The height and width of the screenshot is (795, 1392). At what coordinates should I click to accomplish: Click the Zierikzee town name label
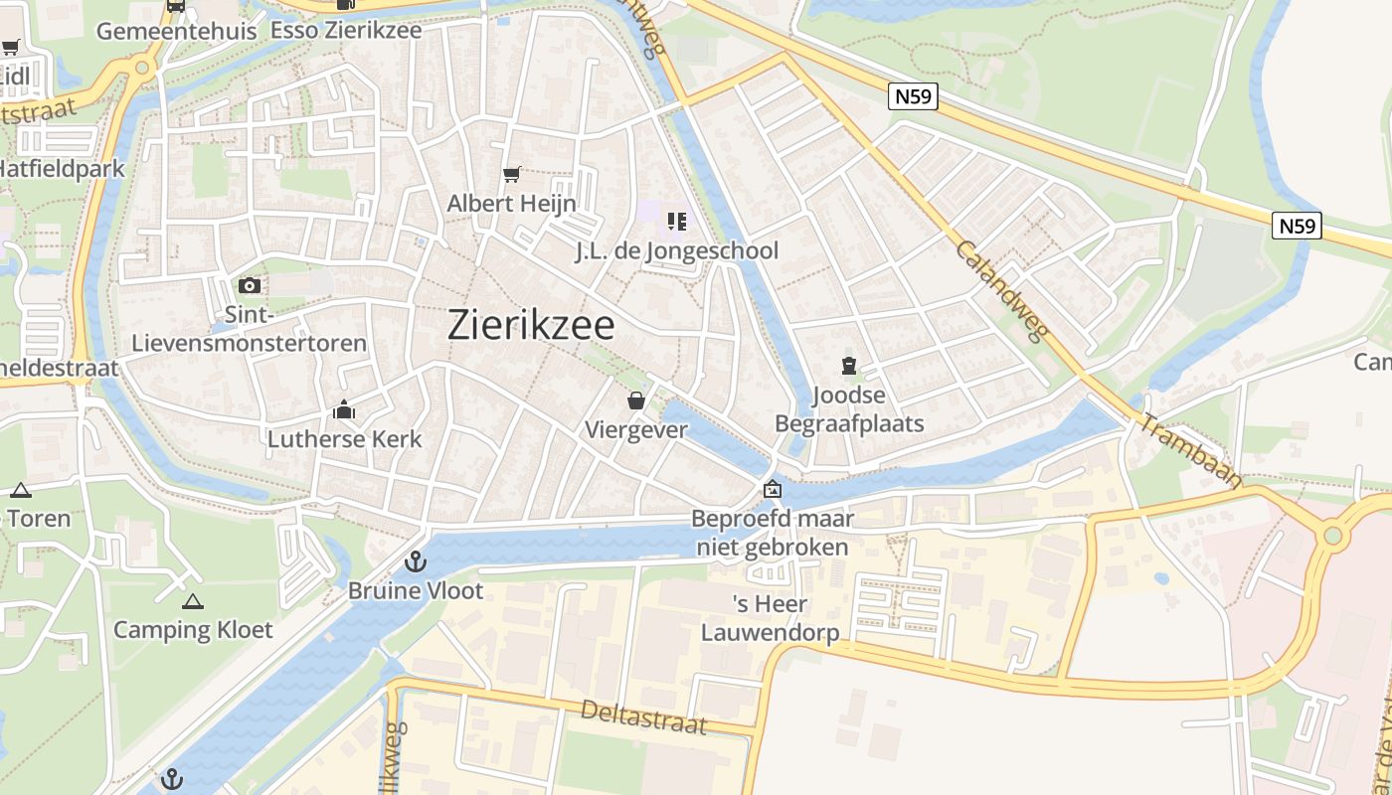pos(531,325)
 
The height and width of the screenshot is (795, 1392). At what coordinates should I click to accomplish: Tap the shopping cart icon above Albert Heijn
pos(512,175)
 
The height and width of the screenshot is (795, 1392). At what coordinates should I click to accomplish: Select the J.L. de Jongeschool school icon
pos(677,222)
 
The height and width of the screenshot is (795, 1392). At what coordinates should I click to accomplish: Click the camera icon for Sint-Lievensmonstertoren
pos(250,286)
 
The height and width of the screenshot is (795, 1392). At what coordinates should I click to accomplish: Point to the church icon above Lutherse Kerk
pos(344,409)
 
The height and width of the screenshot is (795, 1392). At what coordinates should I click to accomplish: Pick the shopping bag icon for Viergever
pos(635,400)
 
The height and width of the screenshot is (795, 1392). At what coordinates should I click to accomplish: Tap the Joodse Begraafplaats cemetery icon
pos(849,367)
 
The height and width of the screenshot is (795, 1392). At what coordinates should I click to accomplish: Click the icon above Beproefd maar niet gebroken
pos(772,489)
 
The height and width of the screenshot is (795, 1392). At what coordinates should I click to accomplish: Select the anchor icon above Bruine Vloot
pos(416,561)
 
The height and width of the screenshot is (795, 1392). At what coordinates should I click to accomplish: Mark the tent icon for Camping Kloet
pos(193,601)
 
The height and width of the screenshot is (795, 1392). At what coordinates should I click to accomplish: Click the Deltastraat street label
pos(643,715)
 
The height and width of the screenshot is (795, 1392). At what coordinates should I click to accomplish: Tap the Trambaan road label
pos(1190,450)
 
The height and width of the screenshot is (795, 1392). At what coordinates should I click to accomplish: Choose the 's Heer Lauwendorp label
pos(770,618)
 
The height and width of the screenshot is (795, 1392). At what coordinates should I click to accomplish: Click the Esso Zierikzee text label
pos(346,30)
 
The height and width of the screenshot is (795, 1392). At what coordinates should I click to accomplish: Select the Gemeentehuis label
pos(176,31)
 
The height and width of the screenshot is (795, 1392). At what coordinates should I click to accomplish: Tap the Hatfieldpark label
pos(62,168)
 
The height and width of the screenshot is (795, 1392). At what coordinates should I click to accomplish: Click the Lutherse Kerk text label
pos(344,439)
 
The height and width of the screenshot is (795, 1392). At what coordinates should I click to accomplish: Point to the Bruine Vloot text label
pos(416,591)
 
